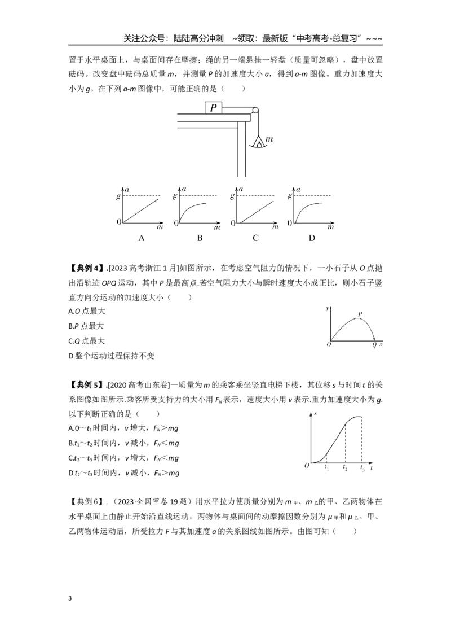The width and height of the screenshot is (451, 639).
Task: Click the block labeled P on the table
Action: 213,108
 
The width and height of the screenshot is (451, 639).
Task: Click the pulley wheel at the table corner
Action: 255,111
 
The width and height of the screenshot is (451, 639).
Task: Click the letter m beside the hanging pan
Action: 269,139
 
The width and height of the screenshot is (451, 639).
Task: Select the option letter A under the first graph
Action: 142,238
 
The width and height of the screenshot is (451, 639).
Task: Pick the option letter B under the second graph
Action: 200,238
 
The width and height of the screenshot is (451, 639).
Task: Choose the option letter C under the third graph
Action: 255,238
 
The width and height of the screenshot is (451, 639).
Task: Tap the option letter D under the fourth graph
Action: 312,238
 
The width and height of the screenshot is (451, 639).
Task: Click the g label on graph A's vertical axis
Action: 118,196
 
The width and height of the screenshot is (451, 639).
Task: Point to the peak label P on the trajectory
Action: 360,314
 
